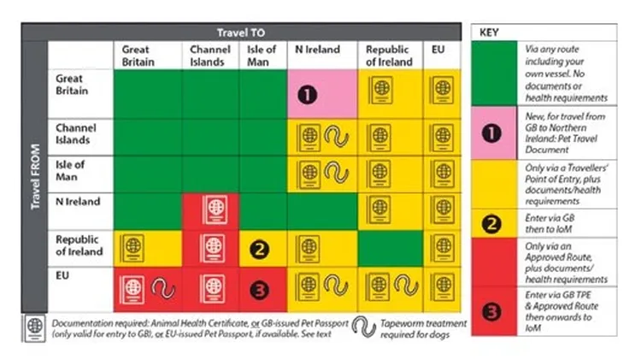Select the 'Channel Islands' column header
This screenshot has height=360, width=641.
pyautogui.click(x=209, y=56)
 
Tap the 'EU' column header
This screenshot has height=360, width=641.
pyautogui.click(x=438, y=50)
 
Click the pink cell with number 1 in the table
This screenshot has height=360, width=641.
pyautogui.click(x=321, y=94)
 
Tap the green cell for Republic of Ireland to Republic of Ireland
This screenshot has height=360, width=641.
pyautogui.click(x=391, y=250)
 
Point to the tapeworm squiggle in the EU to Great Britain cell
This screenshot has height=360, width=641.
pyautogui.click(x=161, y=289)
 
